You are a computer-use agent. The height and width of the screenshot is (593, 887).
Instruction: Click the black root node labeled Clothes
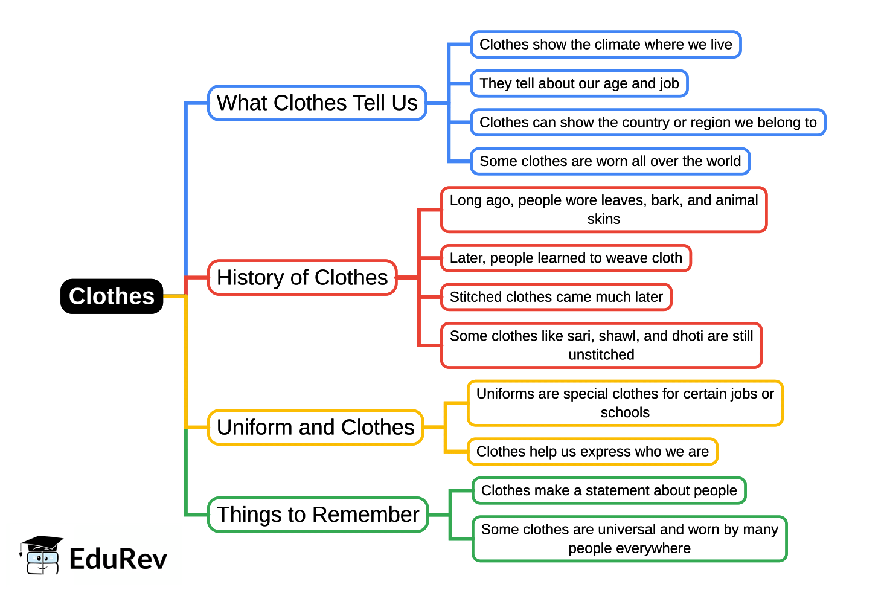click(112, 296)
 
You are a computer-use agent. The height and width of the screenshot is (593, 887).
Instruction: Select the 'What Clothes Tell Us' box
click(317, 103)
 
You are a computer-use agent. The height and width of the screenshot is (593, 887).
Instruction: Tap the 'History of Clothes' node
click(302, 278)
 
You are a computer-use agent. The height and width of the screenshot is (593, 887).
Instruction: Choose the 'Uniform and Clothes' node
click(315, 428)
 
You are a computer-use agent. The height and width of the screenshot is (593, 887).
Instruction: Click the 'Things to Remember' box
click(318, 515)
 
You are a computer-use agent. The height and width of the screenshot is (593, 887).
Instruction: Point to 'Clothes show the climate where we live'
click(606, 45)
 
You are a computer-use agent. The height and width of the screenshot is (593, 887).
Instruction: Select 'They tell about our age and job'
click(579, 83)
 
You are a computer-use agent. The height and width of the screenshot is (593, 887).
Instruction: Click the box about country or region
click(648, 123)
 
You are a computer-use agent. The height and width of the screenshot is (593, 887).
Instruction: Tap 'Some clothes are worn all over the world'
click(610, 161)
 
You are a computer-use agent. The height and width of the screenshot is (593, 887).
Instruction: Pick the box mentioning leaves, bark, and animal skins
click(604, 210)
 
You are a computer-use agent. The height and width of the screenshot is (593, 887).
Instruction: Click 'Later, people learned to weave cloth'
click(566, 258)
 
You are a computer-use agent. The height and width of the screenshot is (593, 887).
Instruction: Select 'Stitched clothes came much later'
click(556, 297)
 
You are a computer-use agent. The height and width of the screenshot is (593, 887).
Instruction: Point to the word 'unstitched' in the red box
click(601, 355)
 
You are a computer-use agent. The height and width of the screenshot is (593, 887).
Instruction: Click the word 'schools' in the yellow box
click(625, 413)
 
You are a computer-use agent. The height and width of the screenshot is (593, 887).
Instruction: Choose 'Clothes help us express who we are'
click(592, 452)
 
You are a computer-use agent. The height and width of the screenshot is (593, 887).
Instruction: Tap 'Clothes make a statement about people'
click(609, 490)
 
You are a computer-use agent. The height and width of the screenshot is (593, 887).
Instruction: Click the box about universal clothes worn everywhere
click(629, 539)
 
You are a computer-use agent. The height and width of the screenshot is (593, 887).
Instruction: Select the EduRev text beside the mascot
click(118, 559)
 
